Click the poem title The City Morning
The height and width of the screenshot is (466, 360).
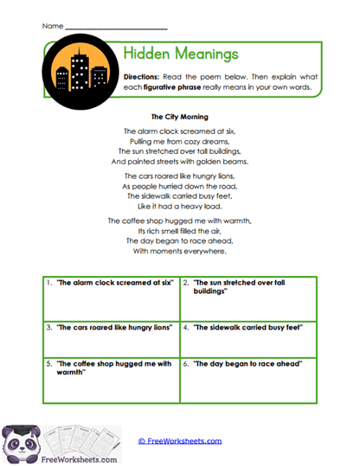click(180, 116)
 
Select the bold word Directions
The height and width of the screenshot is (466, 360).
click(147, 77)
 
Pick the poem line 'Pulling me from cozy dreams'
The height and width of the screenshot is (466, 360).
click(180, 141)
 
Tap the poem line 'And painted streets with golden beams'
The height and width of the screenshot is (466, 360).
click(180, 162)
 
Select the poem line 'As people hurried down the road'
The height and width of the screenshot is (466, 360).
click(180, 186)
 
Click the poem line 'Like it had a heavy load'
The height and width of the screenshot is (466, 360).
click(180, 207)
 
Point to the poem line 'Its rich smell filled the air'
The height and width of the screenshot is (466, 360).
click(180, 231)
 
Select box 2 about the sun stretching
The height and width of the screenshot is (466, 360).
click(248, 298)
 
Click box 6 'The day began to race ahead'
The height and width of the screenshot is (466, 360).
click(248, 380)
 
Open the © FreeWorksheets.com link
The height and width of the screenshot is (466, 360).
click(180, 441)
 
